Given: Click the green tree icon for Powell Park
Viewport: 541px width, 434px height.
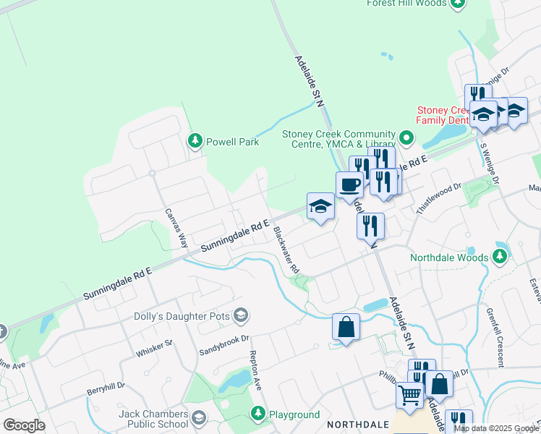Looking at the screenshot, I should point(195,141).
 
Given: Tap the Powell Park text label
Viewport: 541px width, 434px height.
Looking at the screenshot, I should point(232,142).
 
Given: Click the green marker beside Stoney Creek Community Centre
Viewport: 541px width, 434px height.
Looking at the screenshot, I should point(406,137).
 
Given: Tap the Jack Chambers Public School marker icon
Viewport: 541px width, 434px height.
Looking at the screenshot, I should point(200,417).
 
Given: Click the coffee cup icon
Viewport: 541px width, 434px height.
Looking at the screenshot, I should point(349,184).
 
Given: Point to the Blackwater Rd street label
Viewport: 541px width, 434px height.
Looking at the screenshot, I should point(286,250).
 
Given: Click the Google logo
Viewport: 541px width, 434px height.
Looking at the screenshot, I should point(24,425).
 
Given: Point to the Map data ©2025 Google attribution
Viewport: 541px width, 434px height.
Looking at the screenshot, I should point(496,428).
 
